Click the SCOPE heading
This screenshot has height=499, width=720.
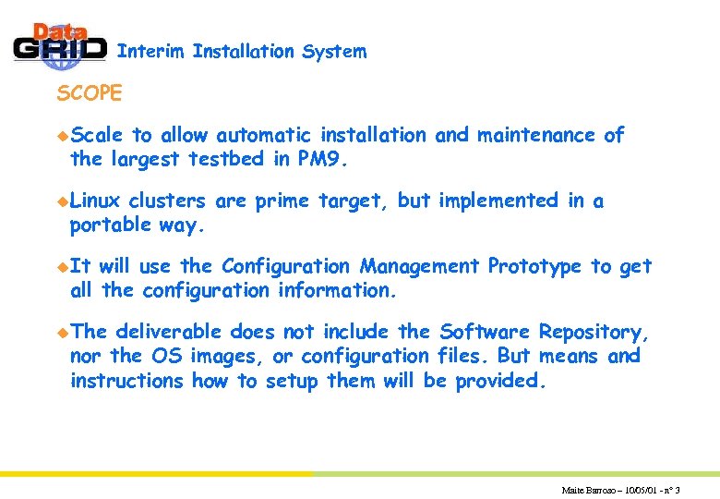pyautogui.click(x=90, y=93)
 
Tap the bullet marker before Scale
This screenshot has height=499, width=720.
pyautogui.click(x=62, y=136)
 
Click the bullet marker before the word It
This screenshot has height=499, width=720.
pyautogui.click(x=62, y=267)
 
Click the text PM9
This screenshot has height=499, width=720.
pyautogui.click(x=323, y=159)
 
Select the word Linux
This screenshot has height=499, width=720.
pyautogui.click(x=96, y=201)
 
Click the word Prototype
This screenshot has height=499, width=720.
pyautogui.click(x=535, y=266)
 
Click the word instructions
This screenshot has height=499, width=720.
pyautogui.click(x=127, y=380)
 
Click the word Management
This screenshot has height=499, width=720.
pyautogui.click(x=419, y=266)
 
